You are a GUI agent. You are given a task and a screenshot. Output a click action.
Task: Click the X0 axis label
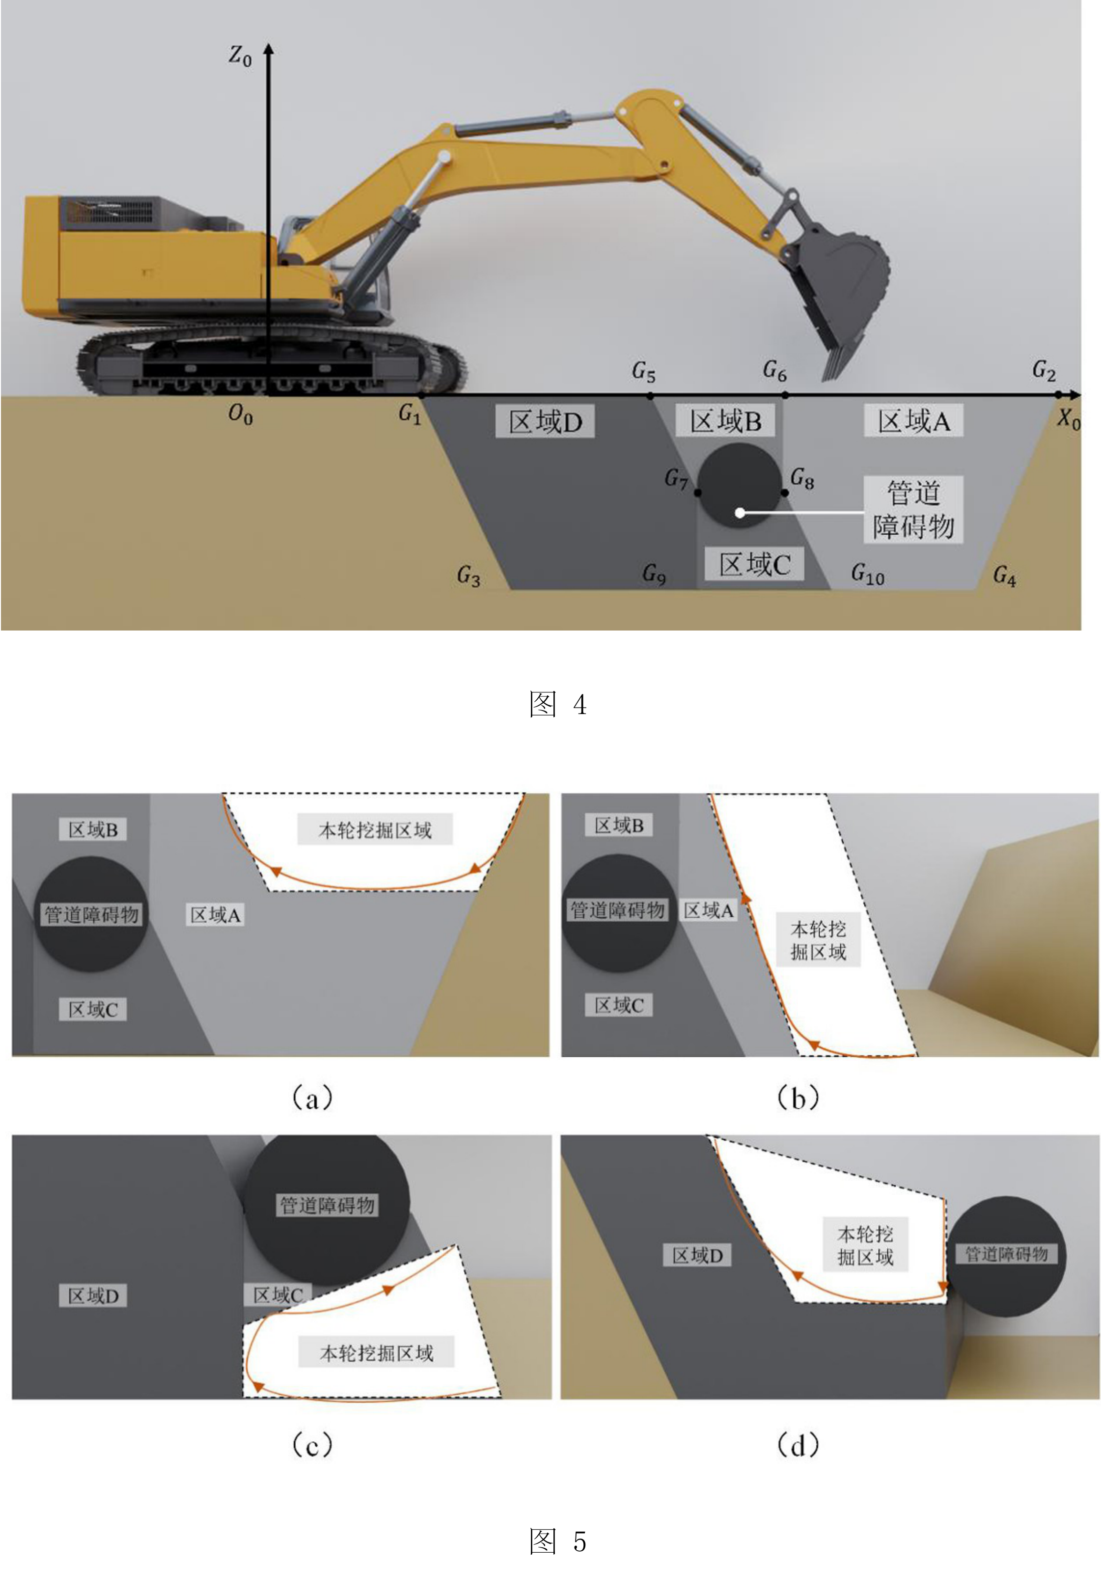point(1069,418)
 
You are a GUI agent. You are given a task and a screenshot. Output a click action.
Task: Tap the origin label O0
point(240,414)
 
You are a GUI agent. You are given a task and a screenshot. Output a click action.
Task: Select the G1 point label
point(410,414)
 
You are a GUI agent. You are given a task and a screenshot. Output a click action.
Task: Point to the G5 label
point(644,372)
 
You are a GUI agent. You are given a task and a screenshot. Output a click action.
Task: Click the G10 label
point(867,573)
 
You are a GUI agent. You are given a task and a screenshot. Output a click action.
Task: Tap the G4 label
point(1004,575)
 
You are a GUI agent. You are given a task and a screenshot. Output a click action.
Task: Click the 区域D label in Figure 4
point(545,421)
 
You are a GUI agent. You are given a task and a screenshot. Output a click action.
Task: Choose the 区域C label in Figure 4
point(754,564)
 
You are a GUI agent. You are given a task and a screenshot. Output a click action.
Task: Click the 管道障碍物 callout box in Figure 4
point(913,510)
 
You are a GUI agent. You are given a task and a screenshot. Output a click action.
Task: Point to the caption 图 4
point(557,704)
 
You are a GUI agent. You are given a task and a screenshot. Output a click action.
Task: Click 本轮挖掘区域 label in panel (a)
point(375,829)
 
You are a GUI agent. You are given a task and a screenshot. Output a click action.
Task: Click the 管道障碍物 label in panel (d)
point(1006,1254)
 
